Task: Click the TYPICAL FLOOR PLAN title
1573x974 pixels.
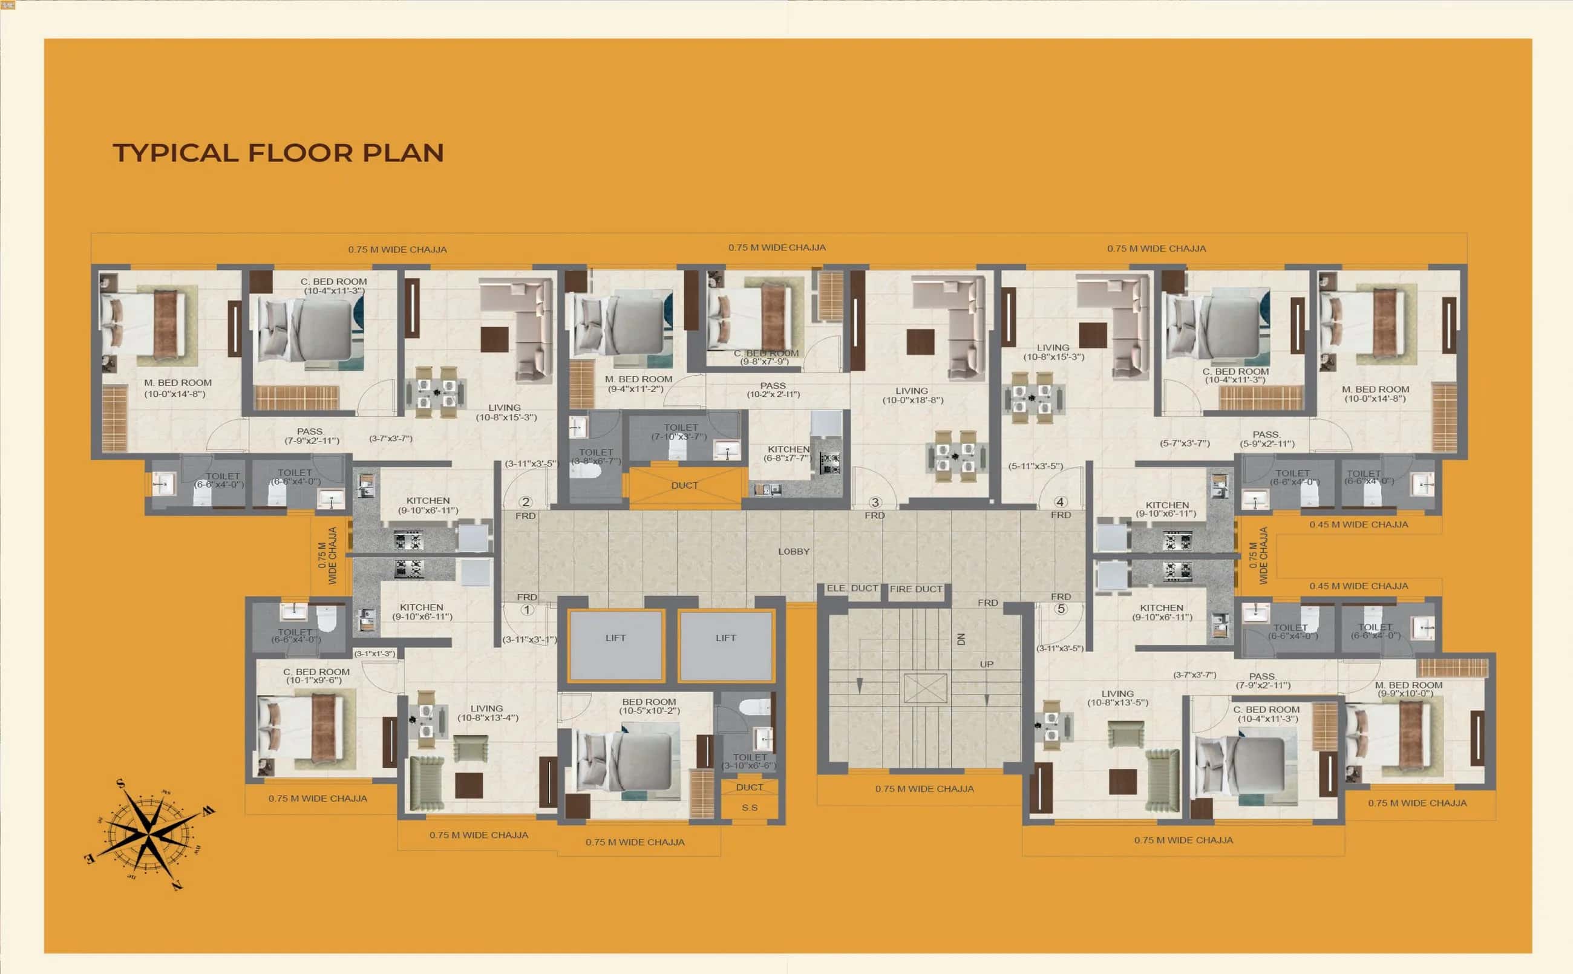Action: pos(278,153)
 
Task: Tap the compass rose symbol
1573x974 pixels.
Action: pos(149,835)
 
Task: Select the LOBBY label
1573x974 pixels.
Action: pos(794,551)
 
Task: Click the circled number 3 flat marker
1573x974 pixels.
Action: pos(875,502)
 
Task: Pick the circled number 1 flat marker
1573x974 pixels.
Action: pos(527,609)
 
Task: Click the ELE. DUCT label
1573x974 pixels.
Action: pos(852,589)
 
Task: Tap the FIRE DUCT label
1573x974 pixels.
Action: pos(915,589)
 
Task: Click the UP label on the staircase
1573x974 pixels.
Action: pos(986,664)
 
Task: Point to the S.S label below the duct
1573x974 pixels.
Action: pos(749,808)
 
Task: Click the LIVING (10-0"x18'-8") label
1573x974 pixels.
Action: pos(912,396)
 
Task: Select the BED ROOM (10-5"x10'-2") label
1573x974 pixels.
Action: pos(649,706)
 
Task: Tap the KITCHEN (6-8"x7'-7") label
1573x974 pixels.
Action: pos(788,454)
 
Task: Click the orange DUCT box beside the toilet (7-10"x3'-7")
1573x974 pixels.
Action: pos(684,486)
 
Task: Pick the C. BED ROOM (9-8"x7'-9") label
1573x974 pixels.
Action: pos(766,358)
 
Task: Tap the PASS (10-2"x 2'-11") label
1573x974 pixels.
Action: pos(773,390)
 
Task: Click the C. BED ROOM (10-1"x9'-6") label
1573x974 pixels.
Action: pos(316,676)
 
